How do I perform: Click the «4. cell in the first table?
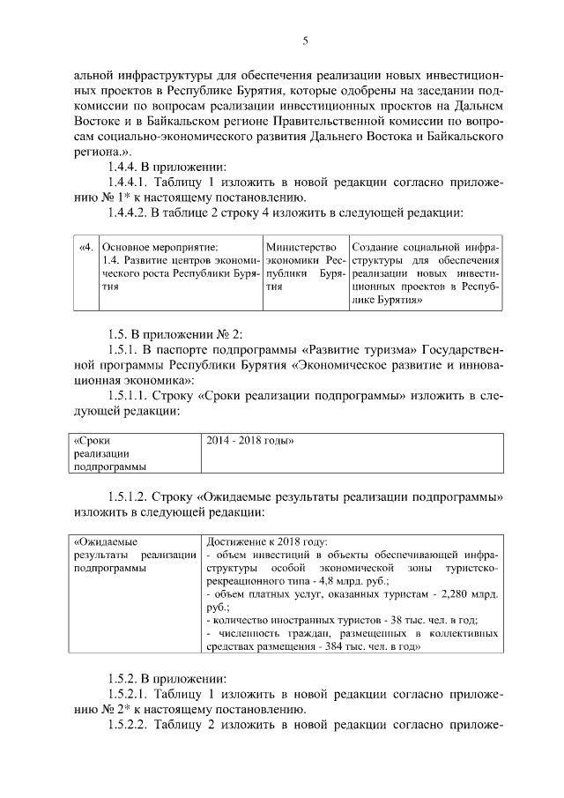pyautogui.click(x=85, y=248)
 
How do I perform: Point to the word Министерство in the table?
pyautogui.click(x=301, y=248)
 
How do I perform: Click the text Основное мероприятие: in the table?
pyautogui.click(x=160, y=248)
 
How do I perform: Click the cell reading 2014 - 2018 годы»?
pyautogui.click(x=249, y=440)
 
